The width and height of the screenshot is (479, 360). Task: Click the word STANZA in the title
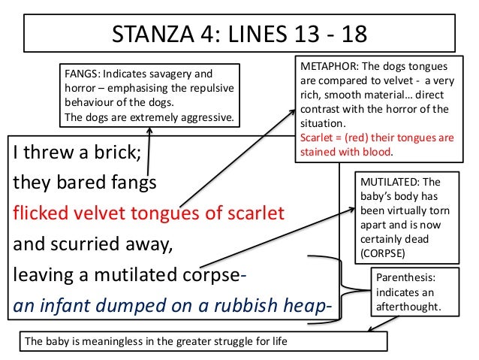(153, 34)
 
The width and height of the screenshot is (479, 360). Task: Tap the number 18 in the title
(354, 34)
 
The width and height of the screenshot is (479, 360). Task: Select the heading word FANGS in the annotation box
(80, 74)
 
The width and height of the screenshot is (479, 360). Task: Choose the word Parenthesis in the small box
(405, 277)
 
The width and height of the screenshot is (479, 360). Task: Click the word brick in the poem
(117, 152)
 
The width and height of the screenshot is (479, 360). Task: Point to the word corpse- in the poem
(214, 275)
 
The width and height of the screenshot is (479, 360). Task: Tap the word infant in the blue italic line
(65, 305)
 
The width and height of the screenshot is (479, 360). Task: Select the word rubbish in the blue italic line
(246, 305)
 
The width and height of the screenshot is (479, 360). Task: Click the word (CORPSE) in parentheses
(382, 253)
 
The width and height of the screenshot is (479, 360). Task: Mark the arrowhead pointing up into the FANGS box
(149, 130)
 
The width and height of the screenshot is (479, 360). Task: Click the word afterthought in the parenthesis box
(408, 307)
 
